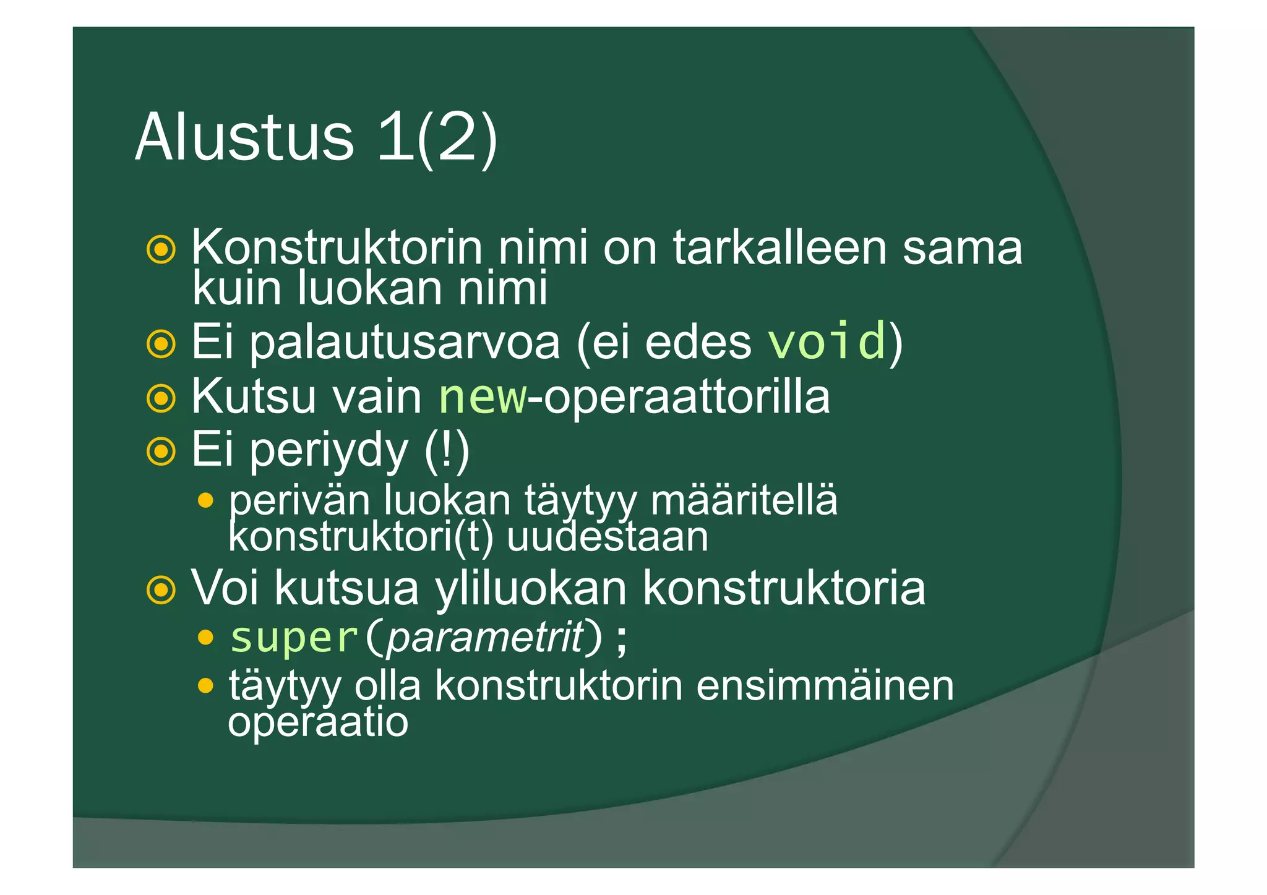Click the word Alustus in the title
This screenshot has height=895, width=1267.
(x=244, y=137)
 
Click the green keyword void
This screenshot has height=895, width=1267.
(x=827, y=341)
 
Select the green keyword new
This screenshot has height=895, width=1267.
(x=483, y=397)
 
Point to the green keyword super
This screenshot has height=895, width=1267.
(x=294, y=637)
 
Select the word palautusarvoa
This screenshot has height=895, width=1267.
(x=405, y=342)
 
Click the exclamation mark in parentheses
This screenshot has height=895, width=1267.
(x=447, y=450)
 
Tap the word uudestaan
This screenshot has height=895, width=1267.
(x=607, y=537)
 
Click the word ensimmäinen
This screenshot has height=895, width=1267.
(x=825, y=685)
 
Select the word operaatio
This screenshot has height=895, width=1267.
(x=318, y=722)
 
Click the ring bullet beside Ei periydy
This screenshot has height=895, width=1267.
(x=161, y=452)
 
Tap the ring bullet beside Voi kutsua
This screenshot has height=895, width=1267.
(x=161, y=589)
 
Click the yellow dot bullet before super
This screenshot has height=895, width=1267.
(x=206, y=637)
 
